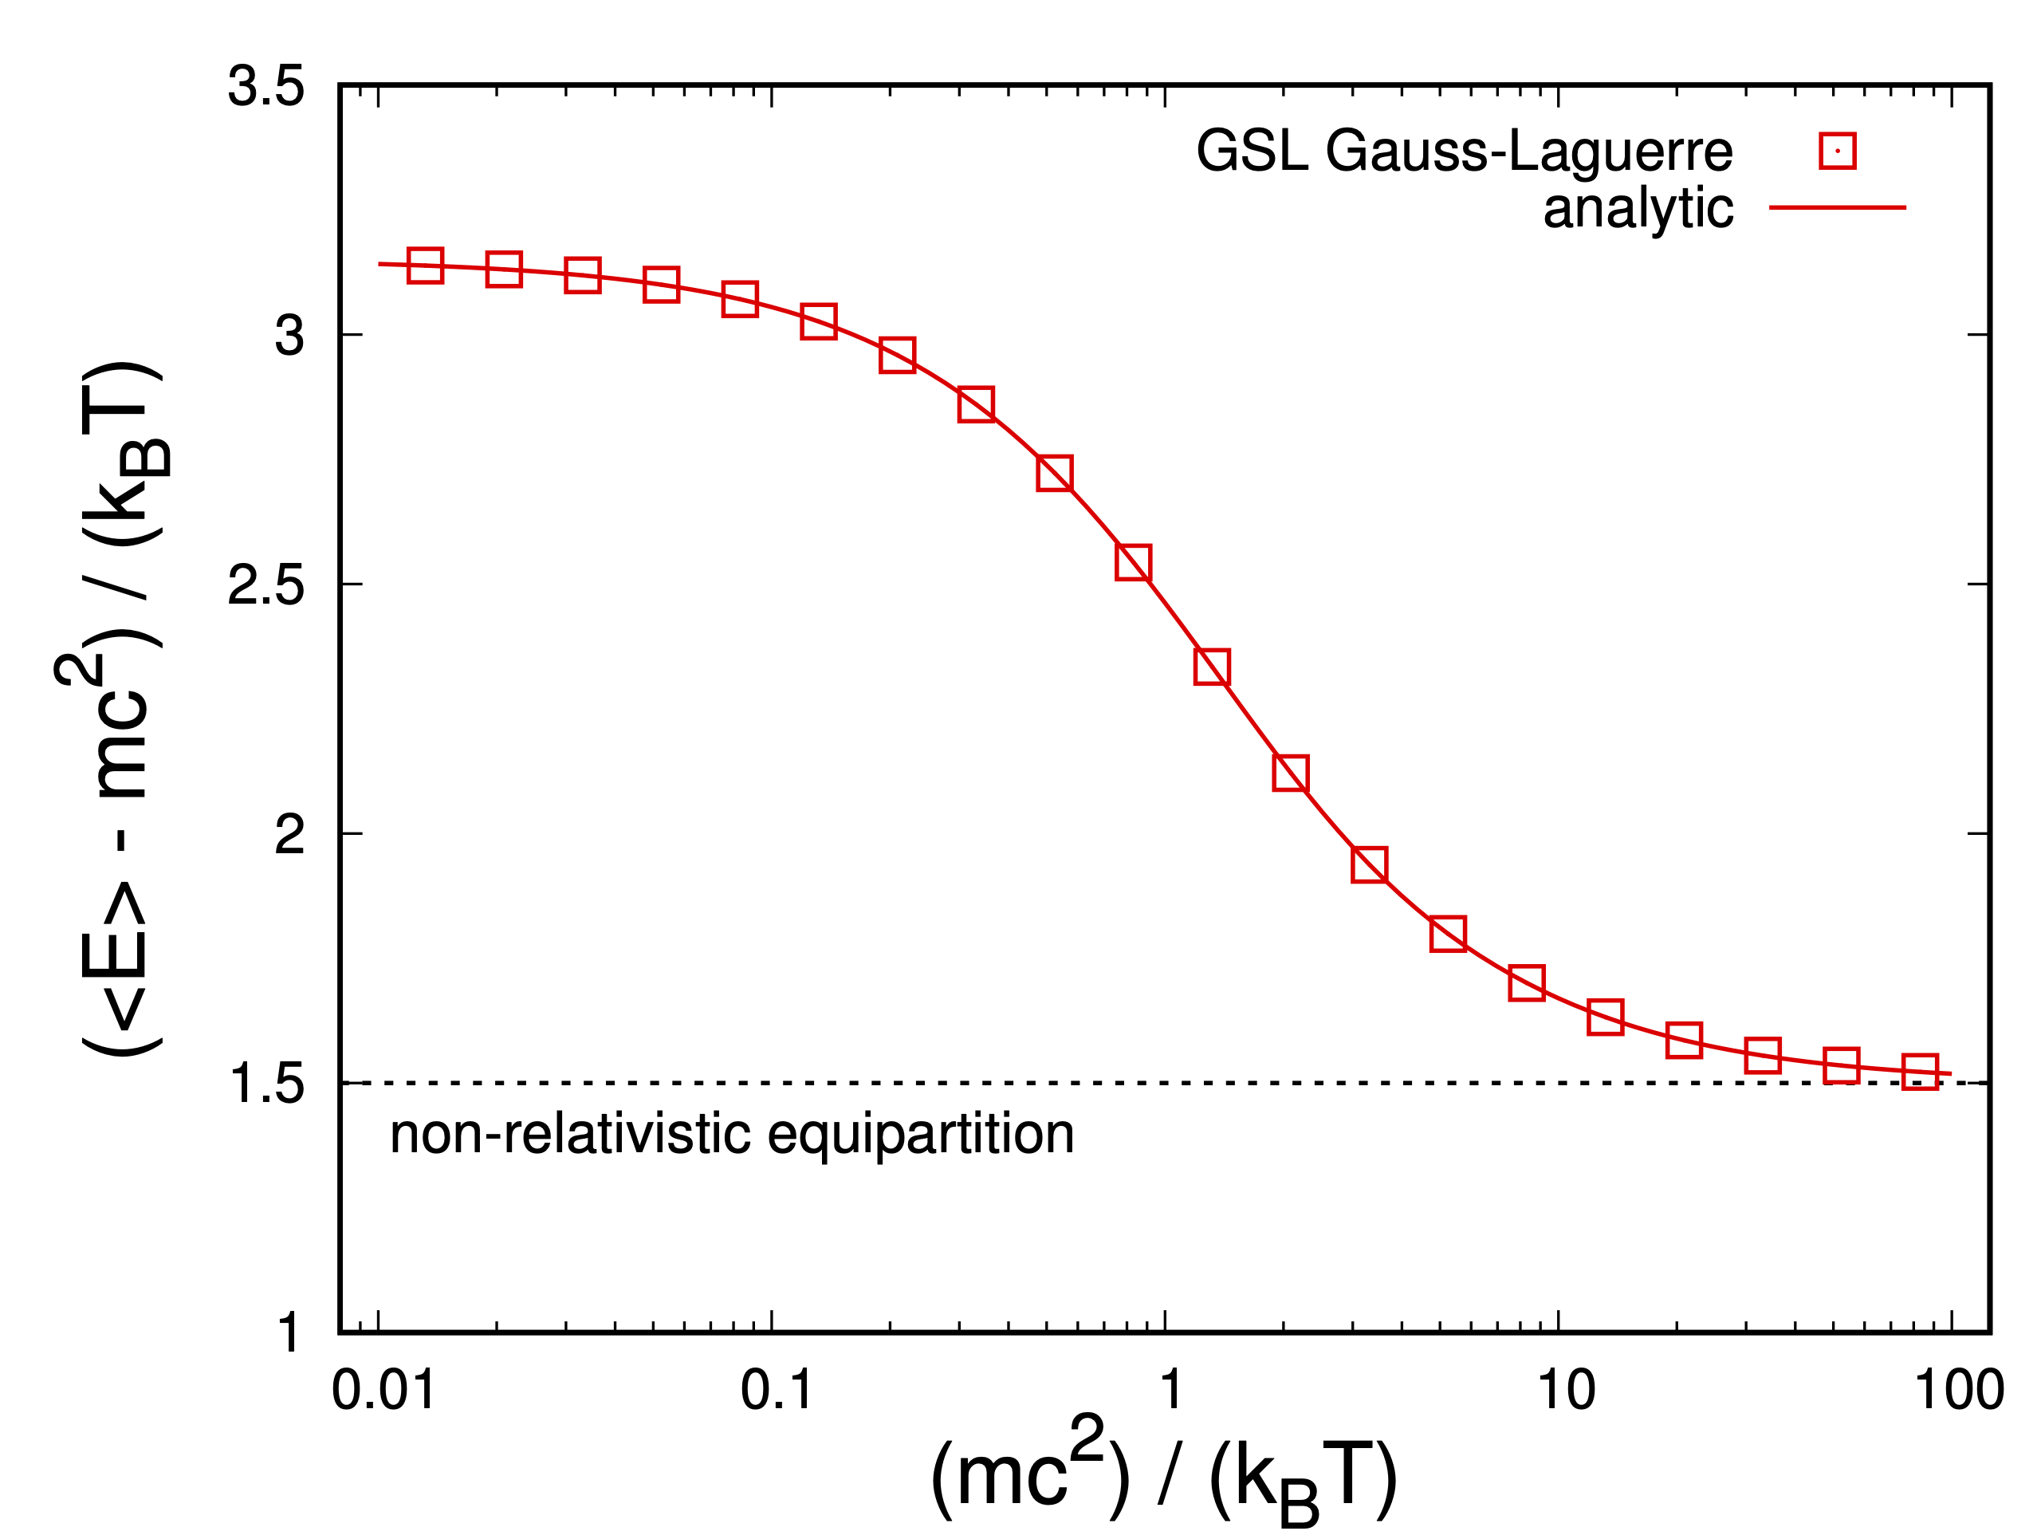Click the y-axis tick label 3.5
[265, 88]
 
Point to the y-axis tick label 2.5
[265, 586]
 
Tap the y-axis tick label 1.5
[265, 1084]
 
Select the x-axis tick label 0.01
[383, 1391]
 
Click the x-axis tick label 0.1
[776, 1391]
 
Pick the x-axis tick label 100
[1959, 1391]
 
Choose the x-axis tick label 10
[1565, 1391]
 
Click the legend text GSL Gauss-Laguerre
[1464, 151]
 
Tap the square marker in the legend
[1837, 151]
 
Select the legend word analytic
[1638, 209]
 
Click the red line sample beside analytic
[1837, 207]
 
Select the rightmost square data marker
[1920, 1072]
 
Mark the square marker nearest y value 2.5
[1133, 562]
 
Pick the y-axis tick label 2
[289, 835]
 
